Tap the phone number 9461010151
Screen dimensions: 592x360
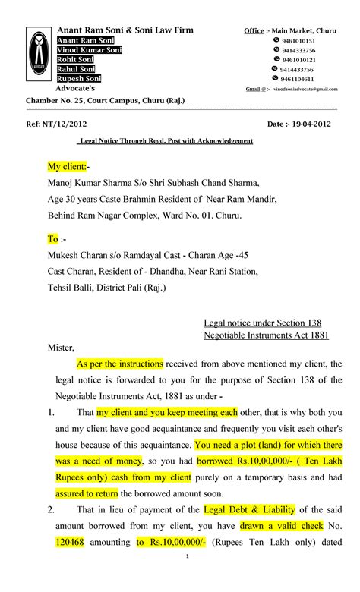point(298,40)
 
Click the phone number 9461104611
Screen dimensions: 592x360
point(298,77)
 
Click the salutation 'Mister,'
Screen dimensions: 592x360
point(62,348)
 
